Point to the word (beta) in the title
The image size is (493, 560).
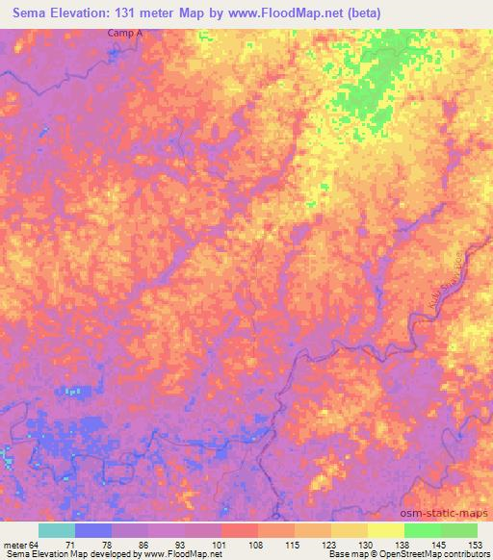tap(362, 13)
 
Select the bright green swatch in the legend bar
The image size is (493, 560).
tap(422, 530)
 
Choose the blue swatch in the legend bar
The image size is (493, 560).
tap(93, 530)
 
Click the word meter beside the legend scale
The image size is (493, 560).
tap(13, 545)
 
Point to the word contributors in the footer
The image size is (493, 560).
tap(466, 554)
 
